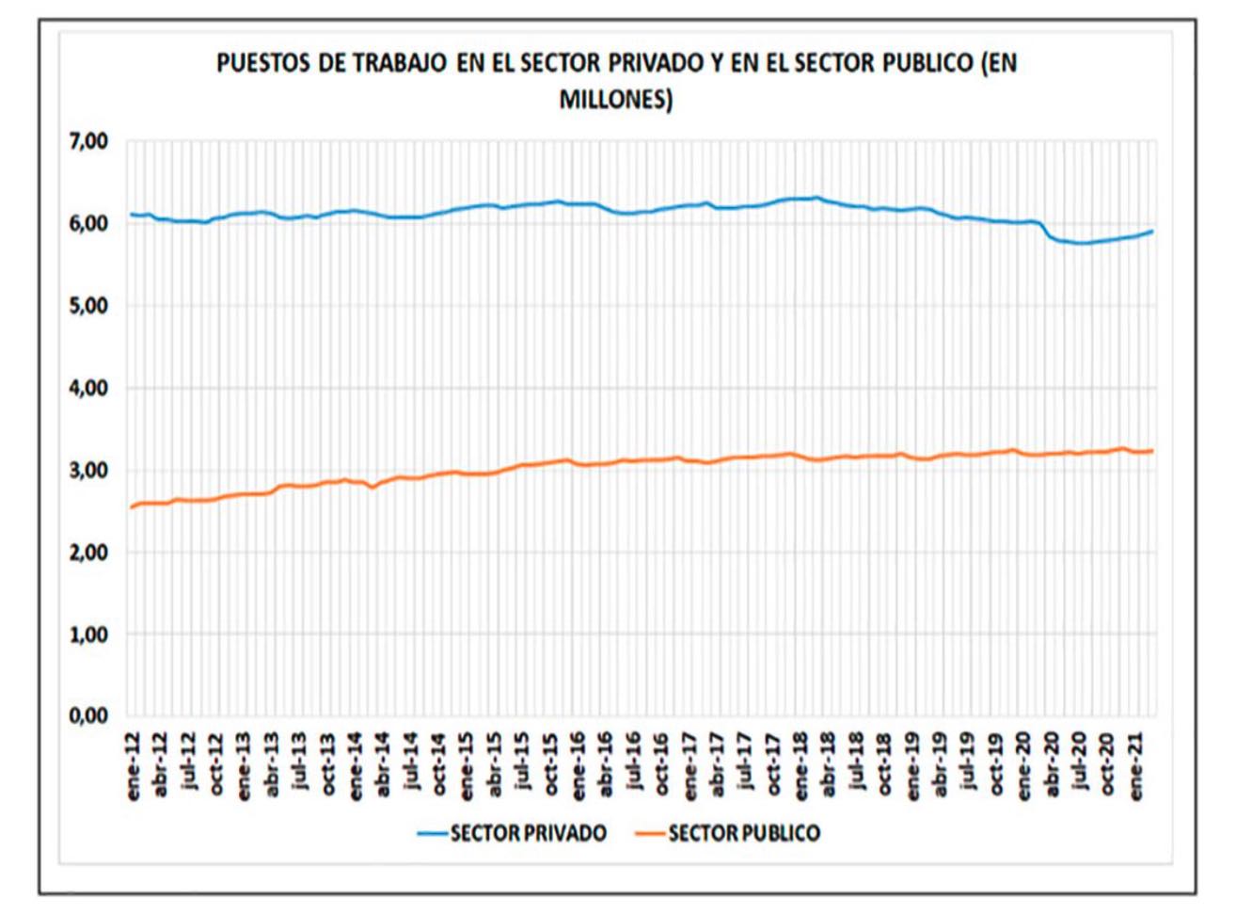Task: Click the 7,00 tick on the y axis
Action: pyautogui.click(x=88, y=142)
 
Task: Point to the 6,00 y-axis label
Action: pyautogui.click(x=88, y=224)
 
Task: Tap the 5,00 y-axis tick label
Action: pyautogui.click(x=88, y=306)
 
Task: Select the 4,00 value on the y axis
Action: pyautogui.click(x=88, y=388)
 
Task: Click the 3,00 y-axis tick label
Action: pyautogui.click(x=88, y=470)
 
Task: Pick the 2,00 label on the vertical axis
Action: pyautogui.click(x=88, y=553)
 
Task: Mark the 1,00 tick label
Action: pyautogui.click(x=88, y=634)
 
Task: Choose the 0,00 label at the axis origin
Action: pyautogui.click(x=88, y=716)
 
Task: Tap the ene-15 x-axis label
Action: pyautogui.click(x=467, y=764)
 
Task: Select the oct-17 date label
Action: pyautogui.click(x=773, y=764)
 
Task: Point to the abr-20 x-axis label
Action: pyautogui.click(x=1052, y=764)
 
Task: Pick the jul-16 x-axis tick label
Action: pyautogui.click(x=634, y=764)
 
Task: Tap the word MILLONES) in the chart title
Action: pyautogui.click(x=616, y=99)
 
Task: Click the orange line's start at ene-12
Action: pyautogui.click(x=132, y=507)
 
